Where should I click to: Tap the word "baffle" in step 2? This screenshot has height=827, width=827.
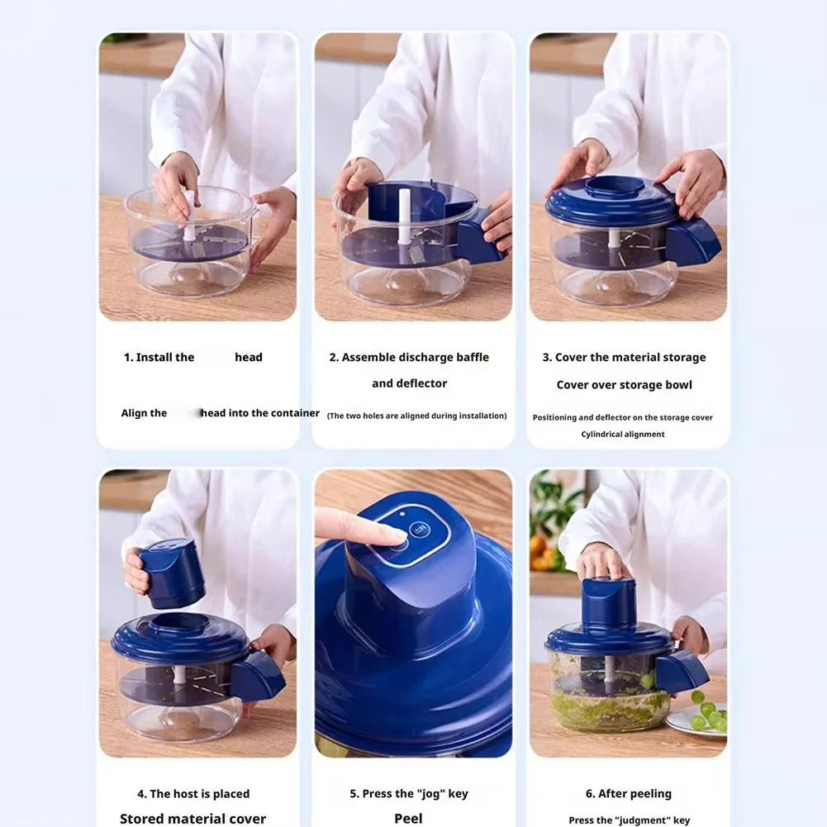point(467,358)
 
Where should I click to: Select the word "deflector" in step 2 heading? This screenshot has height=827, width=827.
point(421,383)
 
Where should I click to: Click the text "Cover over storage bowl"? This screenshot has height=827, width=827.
point(624,385)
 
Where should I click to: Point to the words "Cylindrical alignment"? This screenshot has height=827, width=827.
point(622,435)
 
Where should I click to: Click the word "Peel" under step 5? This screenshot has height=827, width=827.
point(408,818)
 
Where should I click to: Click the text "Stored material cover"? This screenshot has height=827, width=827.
point(192,818)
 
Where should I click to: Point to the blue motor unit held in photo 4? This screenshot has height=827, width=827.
point(171,572)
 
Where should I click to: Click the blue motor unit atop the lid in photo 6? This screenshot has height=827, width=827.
point(608,601)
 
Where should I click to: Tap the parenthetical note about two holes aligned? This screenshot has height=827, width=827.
point(416,416)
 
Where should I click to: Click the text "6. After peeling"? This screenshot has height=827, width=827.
point(628,794)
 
